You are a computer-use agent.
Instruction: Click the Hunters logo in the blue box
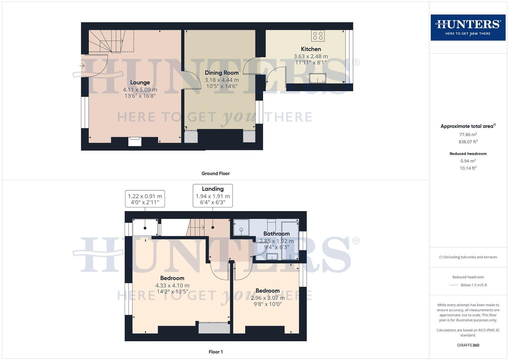(468, 27)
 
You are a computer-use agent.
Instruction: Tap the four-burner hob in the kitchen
(318, 36)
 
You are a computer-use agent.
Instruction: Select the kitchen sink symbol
(317, 78)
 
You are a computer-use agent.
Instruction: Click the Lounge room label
(140, 82)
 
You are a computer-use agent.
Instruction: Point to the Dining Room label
(222, 73)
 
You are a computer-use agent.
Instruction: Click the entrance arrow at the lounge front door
(82, 66)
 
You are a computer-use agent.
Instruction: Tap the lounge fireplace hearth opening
(135, 142)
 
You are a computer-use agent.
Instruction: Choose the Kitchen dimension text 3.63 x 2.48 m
(311, 56)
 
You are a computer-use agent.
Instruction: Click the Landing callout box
(213, 196)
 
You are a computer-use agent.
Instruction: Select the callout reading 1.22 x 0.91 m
(145, 199)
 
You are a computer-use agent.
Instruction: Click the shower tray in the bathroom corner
(241, 227)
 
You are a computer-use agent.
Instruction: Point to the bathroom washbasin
(272, 257)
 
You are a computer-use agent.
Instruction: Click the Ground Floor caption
(215, 173)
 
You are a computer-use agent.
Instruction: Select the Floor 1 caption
(216, 352)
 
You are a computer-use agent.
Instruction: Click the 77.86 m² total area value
(468, 134)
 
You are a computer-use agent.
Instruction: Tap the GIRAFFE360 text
(468, 345)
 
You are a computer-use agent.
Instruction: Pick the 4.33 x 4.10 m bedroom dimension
(172, 285)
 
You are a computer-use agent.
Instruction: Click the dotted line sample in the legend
(454, 285)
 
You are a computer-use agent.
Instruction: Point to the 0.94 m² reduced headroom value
(468, 161)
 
